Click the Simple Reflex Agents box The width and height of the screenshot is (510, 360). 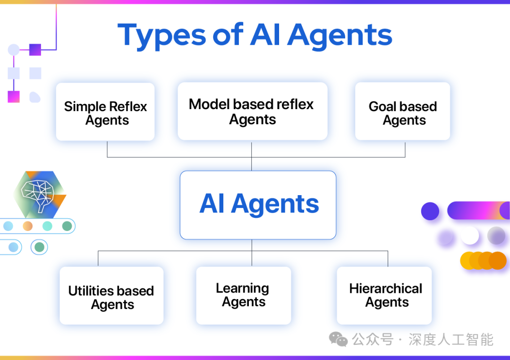pyautogui.click(x=105, y=112)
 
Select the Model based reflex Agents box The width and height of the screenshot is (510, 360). pyautogui.click(x=252, y=111)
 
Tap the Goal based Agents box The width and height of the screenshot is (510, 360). pyautogui.click(x=402, y=111)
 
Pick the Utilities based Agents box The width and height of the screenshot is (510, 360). pyautogui.click(x=111, y=296)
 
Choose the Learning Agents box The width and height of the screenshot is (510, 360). pyautogui.click(x=243, y=296)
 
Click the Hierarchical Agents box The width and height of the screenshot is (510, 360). pyautogui.click(x=384, y=296)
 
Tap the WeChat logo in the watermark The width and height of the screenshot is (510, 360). pyautogui.click(x=338, y=339)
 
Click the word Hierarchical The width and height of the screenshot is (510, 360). pyautogui.click(x=385, y=289)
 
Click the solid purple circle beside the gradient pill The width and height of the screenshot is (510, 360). pyautogui.click(x=430, y=211)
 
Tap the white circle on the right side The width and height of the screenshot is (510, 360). pyautogui.click(x=470, y=235)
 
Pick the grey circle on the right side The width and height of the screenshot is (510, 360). pyautogui.click(x=496, y=235)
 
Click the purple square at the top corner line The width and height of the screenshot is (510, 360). pyautogui.click(x=35, y=50)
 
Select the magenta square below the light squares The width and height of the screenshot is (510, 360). pyautogui.click(x=14, y=96)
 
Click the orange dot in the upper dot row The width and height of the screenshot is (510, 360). pyautogui.click(x=27, y=226)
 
